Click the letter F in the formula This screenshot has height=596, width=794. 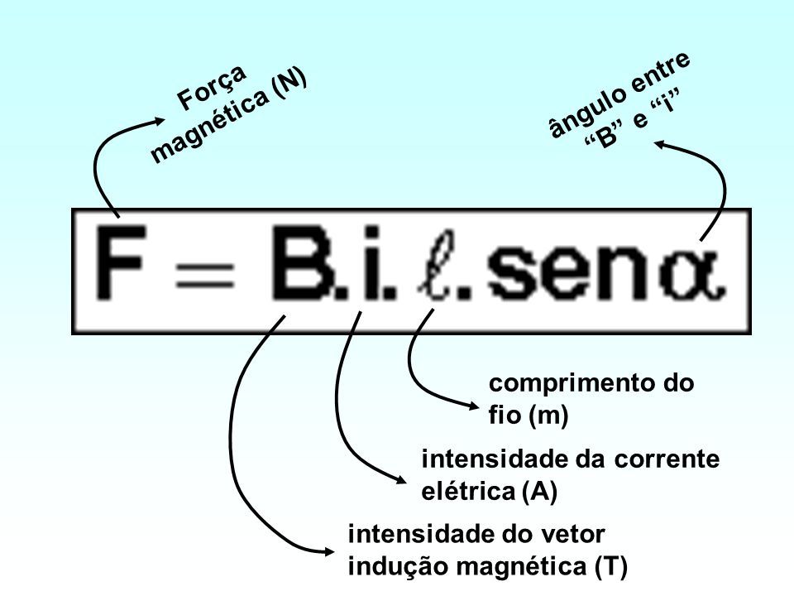pos(125,270)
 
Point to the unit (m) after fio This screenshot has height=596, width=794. pos(545,417)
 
